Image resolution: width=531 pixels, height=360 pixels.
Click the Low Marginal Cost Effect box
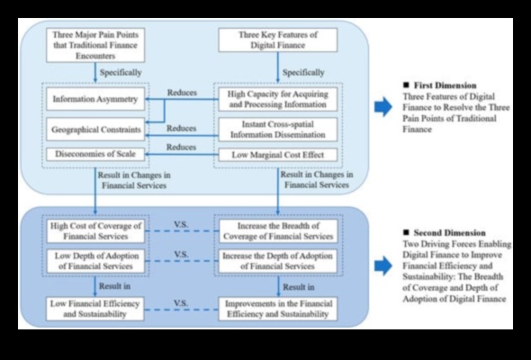(278, 155)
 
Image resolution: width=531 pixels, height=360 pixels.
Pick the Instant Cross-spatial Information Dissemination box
(278, 129)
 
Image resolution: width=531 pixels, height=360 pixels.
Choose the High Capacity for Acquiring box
(278, 97)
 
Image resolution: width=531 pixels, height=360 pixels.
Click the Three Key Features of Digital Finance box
(278, 40)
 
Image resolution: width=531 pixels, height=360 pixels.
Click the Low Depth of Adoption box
(90, 261)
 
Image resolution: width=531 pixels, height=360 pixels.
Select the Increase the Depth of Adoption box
(278, 261)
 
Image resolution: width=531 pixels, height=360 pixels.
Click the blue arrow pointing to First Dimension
(383, 107)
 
